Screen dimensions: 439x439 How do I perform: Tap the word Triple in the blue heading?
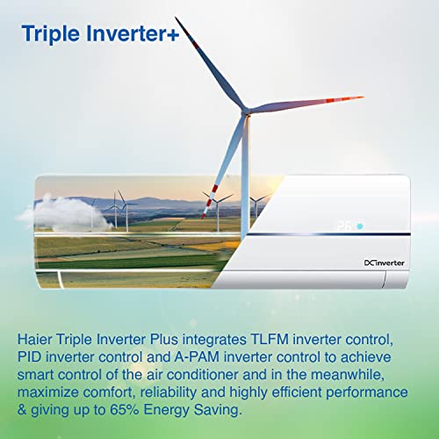click(48, 34)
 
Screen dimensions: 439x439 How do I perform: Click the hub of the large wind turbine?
click(248, 110)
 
